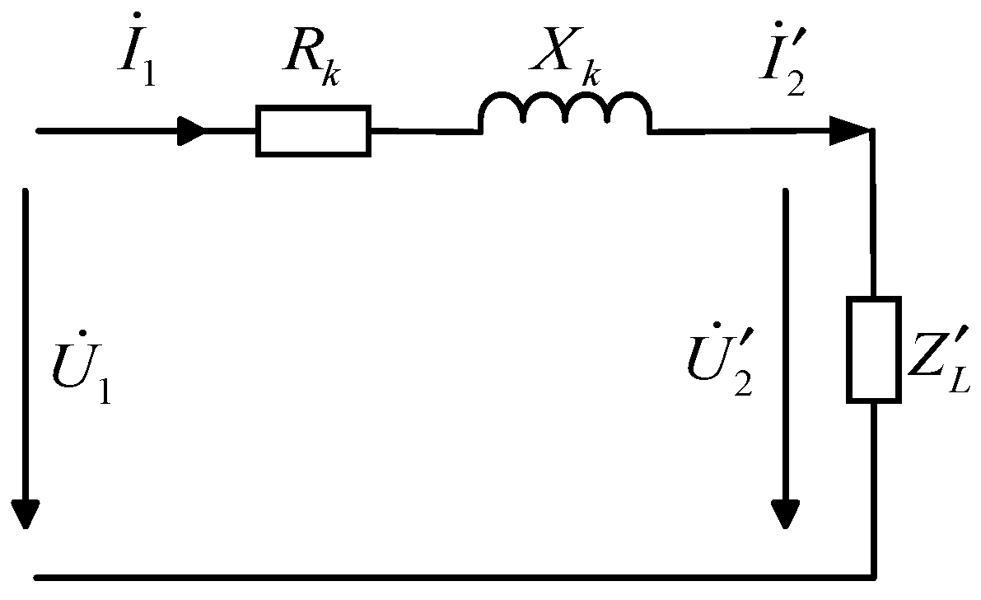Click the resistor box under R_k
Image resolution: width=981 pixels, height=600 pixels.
pyautogui.click(x=313, y=130)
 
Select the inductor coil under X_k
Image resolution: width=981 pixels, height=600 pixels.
pyautogui.click(x=565, y=112)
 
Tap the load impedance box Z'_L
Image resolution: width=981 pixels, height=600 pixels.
pyautogui.click(x=872, y=350)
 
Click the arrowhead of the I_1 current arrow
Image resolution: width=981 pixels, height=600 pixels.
pyautogui.click(x=191, y=130)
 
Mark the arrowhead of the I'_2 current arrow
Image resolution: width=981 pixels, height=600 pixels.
pyautogui.click(x=848, y=129)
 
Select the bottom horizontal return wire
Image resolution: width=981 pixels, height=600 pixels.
pyautogui.click(x=453, y=574)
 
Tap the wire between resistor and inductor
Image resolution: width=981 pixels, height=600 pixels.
pyautogui.click(x=424, y=130)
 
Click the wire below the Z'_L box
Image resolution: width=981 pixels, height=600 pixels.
pyautogui.click(x=872, y=486)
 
